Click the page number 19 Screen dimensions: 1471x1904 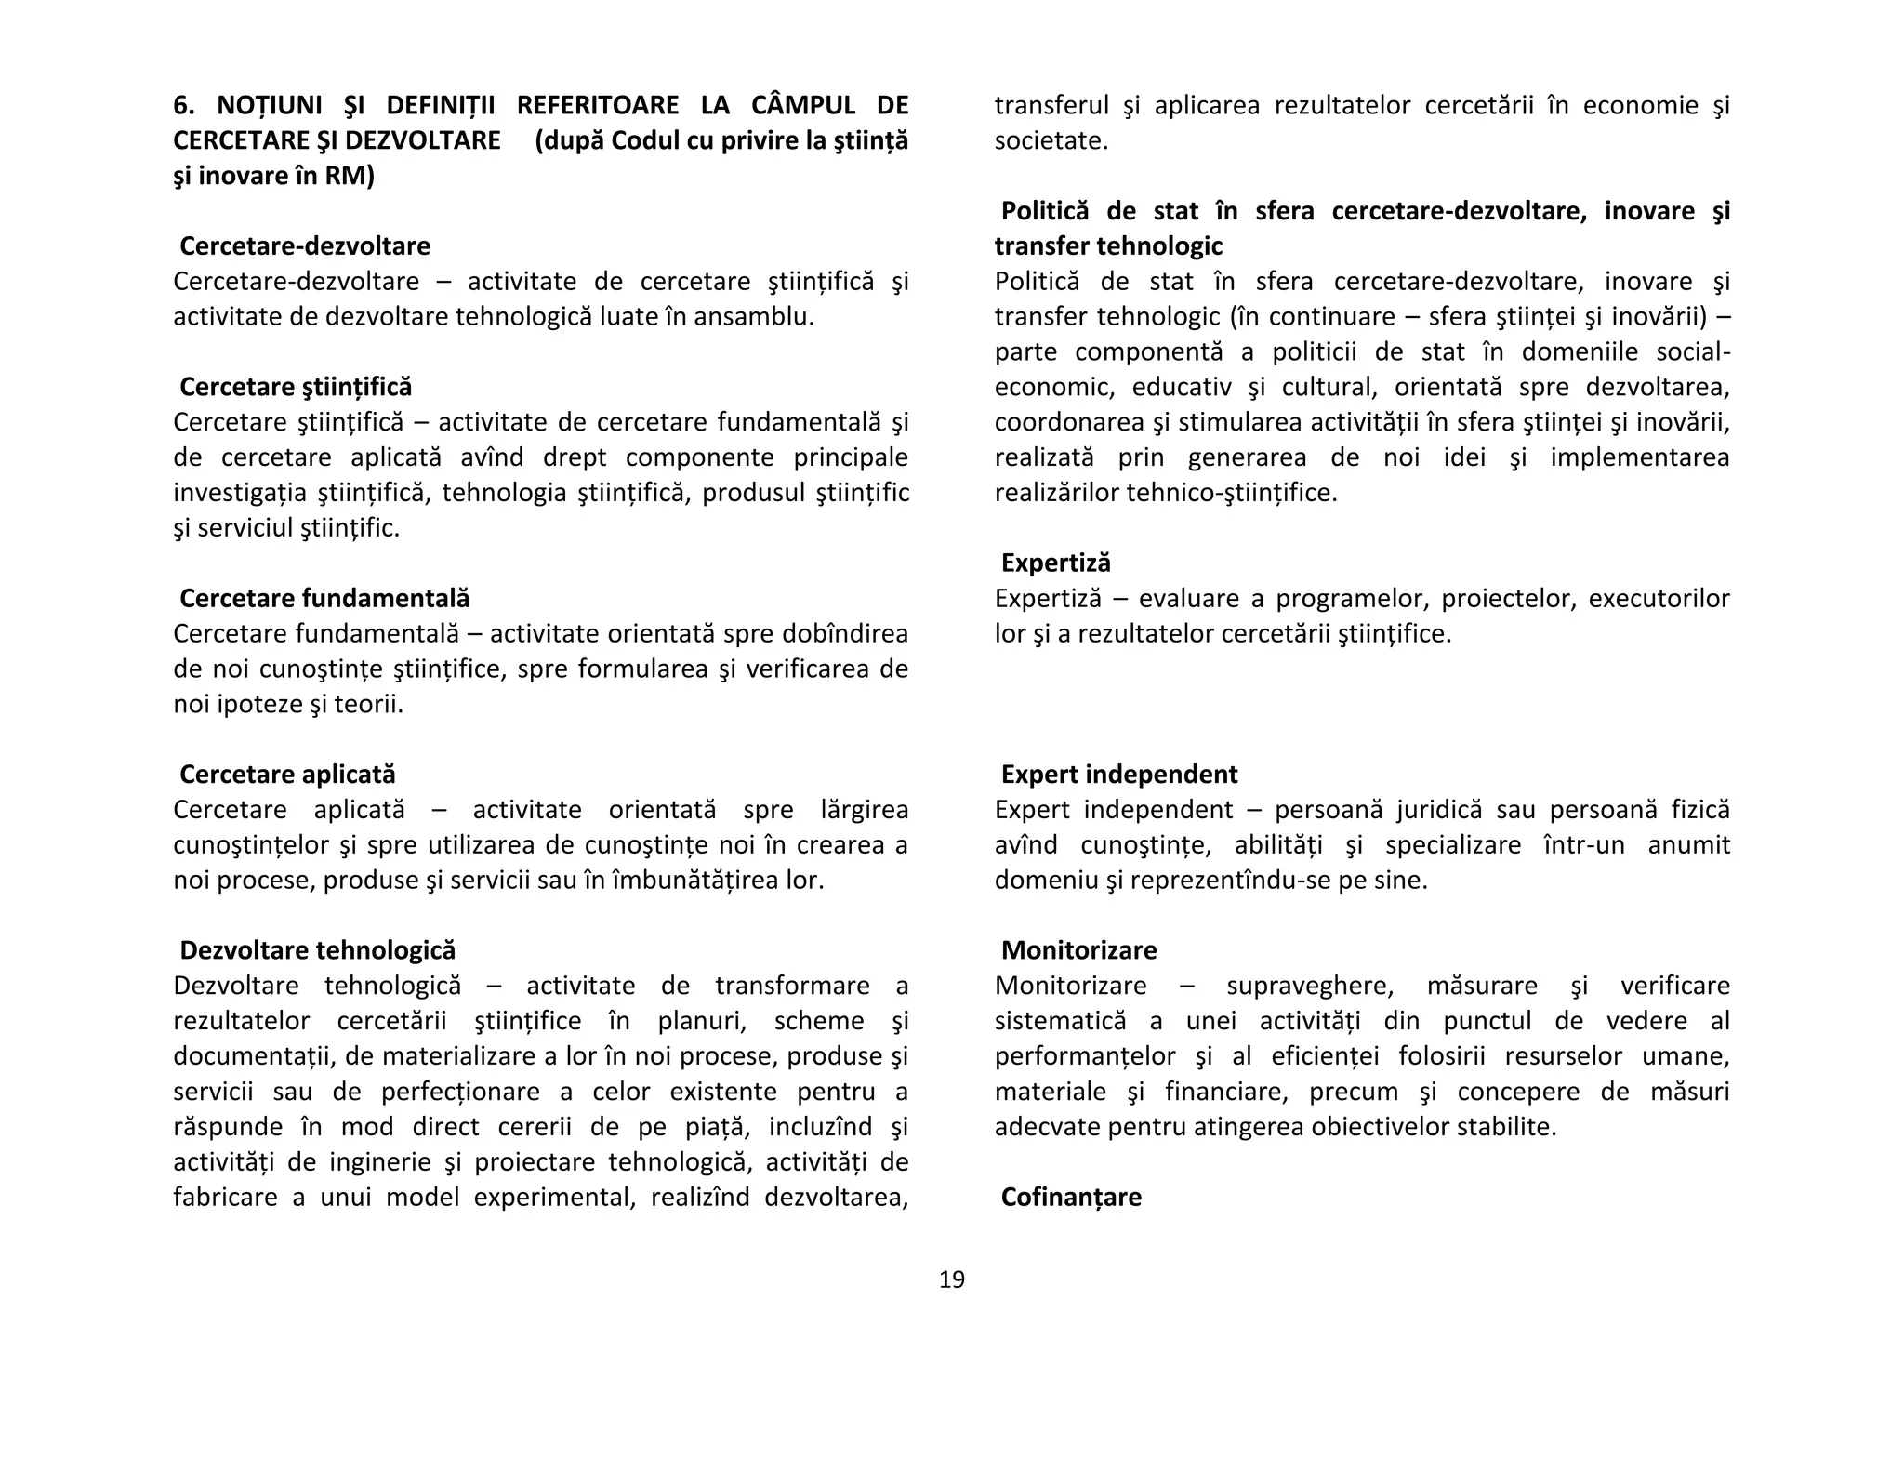point(952,1279)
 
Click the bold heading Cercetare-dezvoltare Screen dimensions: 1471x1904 point(305,245)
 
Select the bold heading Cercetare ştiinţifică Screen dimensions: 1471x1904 point(296,387)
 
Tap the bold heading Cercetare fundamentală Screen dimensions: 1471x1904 point(324,598)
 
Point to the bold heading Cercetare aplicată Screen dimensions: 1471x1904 point(287,774)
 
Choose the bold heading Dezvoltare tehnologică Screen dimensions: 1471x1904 point(317,950)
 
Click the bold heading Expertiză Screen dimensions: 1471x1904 point(1055,563)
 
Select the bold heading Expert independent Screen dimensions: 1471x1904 point(1118,774)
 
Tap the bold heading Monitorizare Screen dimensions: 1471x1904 point(1078,950)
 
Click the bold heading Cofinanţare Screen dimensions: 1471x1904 point(1071,1197)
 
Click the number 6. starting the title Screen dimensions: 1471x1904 point(183,105)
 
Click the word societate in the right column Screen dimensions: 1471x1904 point(1051,141)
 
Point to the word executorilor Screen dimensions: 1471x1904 point(1659,598)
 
